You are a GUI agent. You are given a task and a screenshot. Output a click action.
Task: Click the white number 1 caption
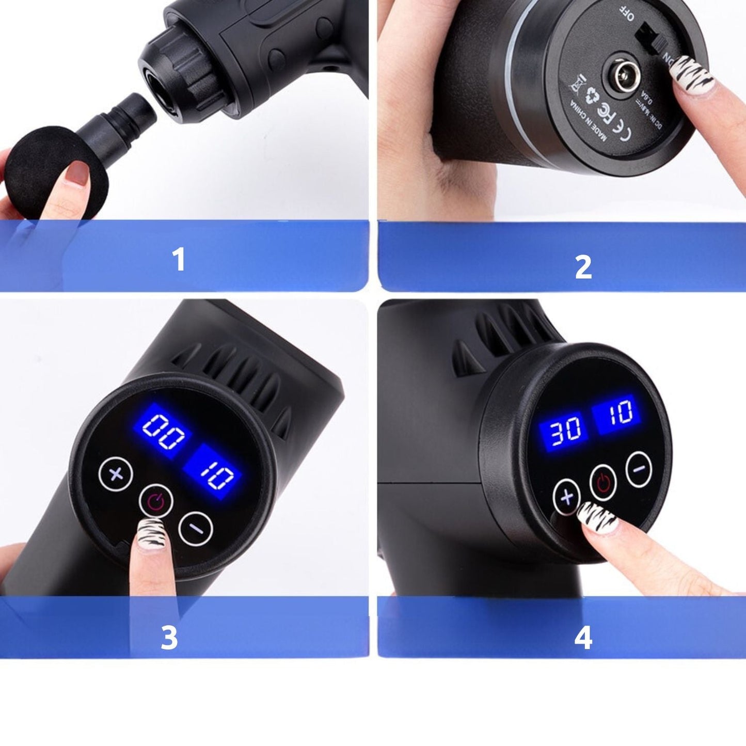pos(179,259)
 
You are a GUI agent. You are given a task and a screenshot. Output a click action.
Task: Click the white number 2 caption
pos(583,267)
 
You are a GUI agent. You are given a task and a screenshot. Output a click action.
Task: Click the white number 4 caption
pos(583,638)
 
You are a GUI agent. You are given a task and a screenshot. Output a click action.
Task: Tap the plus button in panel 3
pos(116,473)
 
